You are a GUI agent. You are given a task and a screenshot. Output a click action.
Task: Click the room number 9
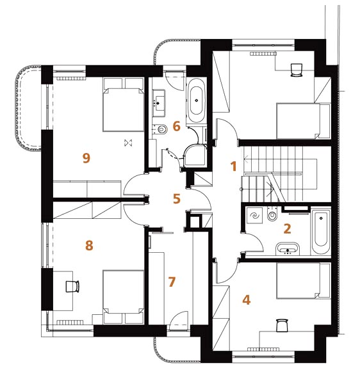86,157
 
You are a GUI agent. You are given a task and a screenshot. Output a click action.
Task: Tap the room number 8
89,245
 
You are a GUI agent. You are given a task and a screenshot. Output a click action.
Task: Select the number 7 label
172,282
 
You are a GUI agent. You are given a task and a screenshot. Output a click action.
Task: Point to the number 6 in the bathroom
176,126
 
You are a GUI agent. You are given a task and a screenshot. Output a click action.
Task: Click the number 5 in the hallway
176,198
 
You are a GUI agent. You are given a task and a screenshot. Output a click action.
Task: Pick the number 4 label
246,300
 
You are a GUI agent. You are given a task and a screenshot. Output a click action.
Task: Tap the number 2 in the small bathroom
287,228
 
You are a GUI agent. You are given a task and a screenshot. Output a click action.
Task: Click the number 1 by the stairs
234,166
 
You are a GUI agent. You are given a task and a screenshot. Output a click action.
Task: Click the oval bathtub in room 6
196,100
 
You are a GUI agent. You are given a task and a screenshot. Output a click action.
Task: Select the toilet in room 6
161,129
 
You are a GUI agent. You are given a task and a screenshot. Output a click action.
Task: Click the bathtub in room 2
321,231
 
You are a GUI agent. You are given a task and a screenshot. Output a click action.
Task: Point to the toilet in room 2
272,214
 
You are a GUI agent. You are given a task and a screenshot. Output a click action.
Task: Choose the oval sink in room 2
288,249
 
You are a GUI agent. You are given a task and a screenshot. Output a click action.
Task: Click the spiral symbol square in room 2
254,216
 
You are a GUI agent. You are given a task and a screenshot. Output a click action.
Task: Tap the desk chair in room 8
72,286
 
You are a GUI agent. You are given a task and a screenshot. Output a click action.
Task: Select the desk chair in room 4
282,325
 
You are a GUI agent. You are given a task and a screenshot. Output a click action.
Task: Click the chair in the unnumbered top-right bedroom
297,70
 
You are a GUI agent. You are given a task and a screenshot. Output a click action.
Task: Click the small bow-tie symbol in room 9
128,143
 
